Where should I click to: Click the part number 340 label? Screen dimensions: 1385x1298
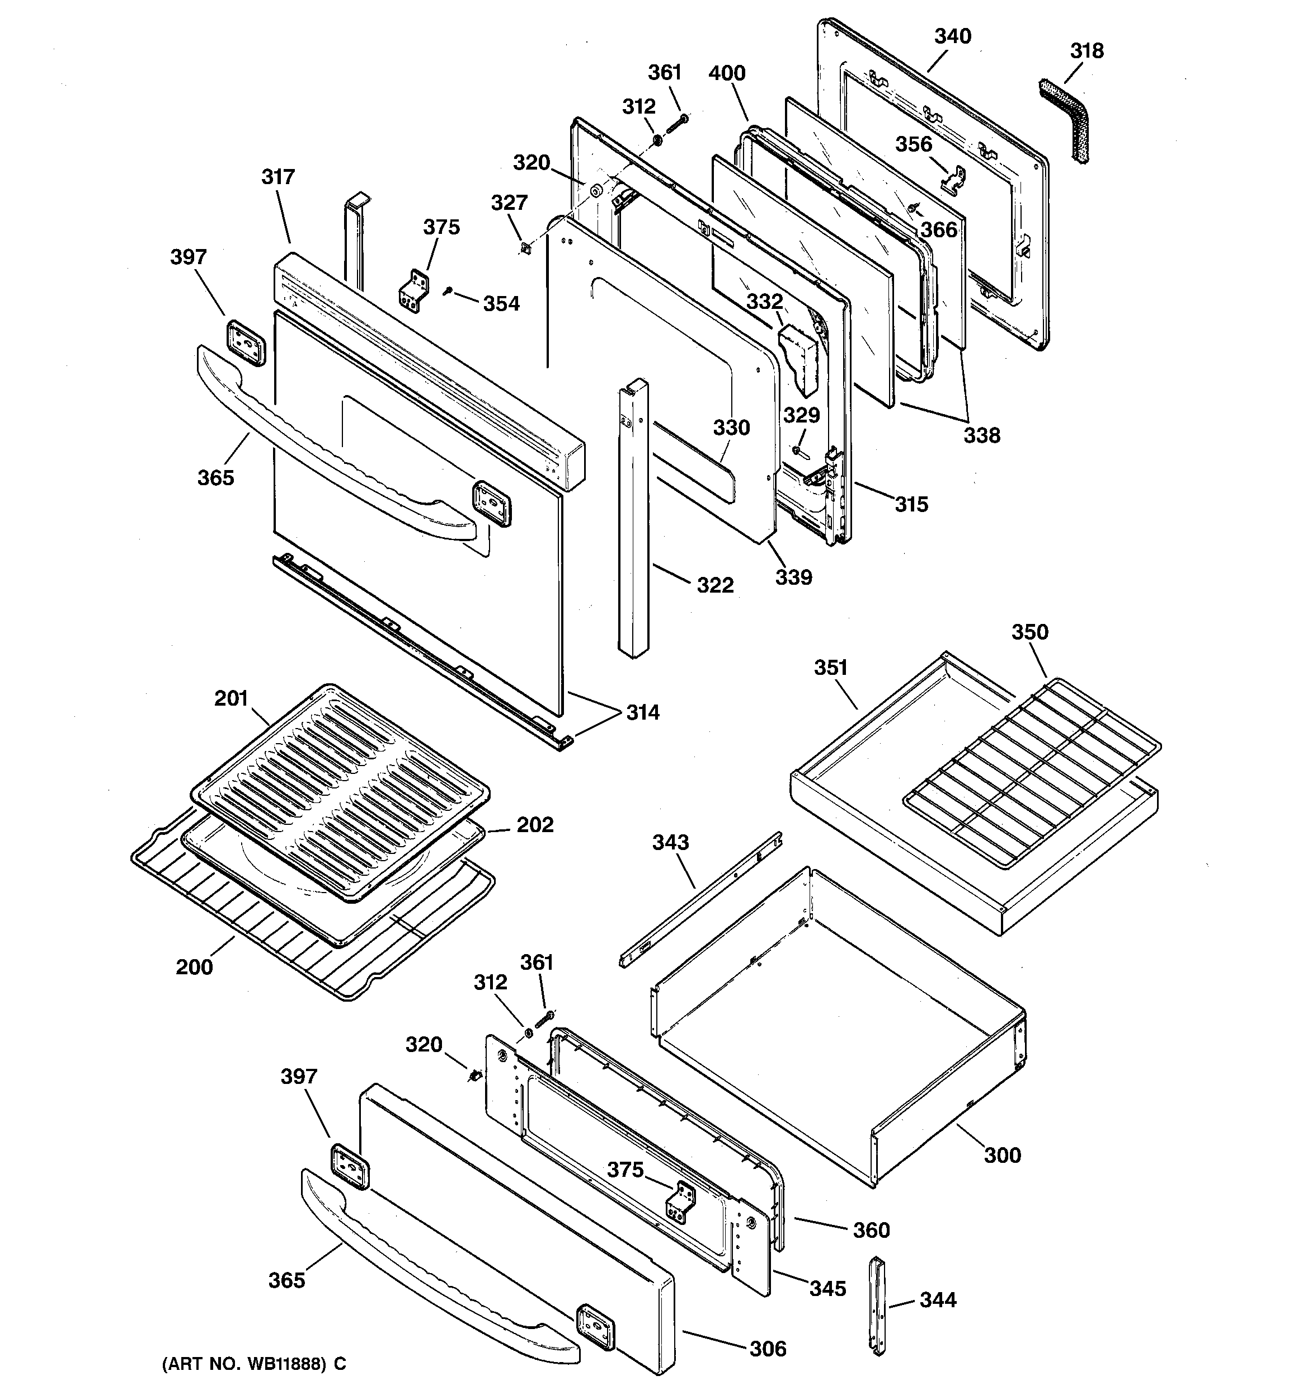click(952, 36)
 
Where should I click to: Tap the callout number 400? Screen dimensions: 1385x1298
click(727, 73)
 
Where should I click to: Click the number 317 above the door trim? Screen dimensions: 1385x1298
click(278, 177)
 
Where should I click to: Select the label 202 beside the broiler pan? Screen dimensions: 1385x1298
click(534, 825)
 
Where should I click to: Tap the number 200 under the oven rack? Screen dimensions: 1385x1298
click(194, 967)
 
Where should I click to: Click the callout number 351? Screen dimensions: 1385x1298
click(830, 668)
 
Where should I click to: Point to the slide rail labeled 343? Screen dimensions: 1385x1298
click(700, 899)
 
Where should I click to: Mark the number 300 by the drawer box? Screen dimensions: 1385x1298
click(1002, 1155)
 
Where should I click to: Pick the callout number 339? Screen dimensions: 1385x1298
click(793, 577)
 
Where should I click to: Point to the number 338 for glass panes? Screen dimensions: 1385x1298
click(982, 435)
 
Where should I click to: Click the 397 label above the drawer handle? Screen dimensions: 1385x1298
click(299, 1077)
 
